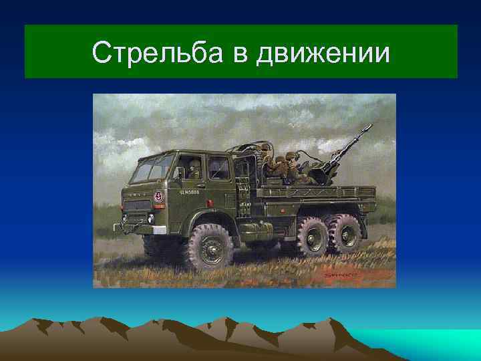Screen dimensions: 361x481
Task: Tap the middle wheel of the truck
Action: [x=311, y=238]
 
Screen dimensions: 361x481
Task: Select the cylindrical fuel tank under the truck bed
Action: [x=257, y=229]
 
